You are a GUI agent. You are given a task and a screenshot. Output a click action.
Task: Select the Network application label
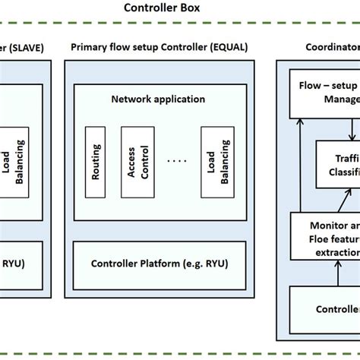(157, 99)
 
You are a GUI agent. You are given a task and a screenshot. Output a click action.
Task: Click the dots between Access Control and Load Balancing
(176, 161)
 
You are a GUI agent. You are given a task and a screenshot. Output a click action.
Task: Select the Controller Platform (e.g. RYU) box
(158, 264)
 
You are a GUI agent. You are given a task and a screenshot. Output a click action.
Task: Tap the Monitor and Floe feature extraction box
(327, 236)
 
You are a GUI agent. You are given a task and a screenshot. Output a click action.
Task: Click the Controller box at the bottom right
(327, 309)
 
